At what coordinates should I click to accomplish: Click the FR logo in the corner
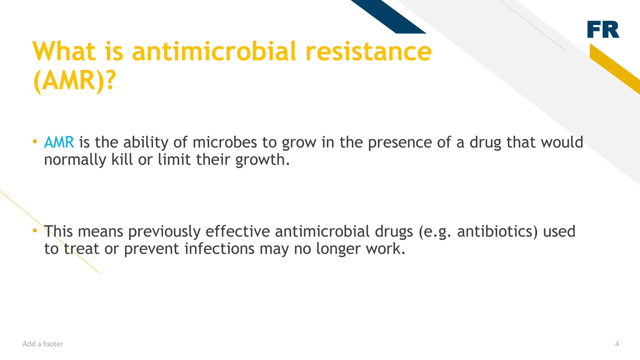click(x=603, y=30)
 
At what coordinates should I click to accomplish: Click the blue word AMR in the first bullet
click(x=59, y=142)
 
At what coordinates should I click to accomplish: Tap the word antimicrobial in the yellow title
click(x=214, y=52)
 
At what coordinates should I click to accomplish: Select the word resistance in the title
click(x=369, y=52)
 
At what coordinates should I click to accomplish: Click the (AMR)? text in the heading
click(x=74, y=81)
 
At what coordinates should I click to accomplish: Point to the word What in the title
click(x=64, y=52)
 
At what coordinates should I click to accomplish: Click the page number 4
click(x=617, y=344)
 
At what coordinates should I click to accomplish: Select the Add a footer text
click(x=43, y=344)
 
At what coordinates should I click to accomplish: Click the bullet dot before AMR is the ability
click(x=35, y=142)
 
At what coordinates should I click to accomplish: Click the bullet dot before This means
click(x=35, y=231)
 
